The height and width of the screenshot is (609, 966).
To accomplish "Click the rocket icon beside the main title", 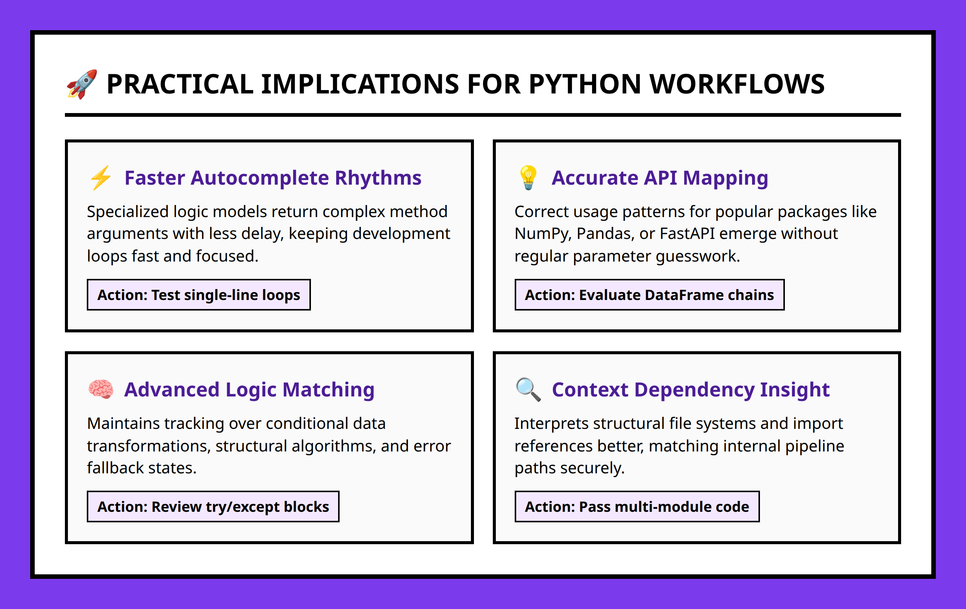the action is tap(82, 84).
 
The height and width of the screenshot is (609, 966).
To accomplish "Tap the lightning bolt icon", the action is tap(101, 177).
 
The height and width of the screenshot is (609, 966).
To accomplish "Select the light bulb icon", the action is tap(528, 177).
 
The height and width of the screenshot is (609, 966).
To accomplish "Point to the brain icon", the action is tap(101, 389).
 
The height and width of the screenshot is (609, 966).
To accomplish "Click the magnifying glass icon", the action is tap(528, 389).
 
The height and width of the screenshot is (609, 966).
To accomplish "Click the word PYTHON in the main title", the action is tap(585, 84).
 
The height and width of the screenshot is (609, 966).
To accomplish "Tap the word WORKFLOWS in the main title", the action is tap(737, 84).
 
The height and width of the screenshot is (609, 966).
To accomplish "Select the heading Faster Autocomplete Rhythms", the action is tap(273, 178).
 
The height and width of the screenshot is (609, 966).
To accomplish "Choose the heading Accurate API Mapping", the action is tap(660, 178).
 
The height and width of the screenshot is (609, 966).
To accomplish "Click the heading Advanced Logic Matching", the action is tap(249, 389).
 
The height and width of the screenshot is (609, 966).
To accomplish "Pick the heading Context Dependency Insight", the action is tap(691, 389).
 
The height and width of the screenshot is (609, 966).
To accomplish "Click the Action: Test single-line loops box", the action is tap(198, 295).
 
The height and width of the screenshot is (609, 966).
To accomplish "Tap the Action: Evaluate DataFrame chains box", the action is tap(649, 295).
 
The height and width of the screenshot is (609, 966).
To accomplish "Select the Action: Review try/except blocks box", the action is tap(213, 506).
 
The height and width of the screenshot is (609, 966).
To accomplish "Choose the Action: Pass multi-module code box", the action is tap(637, 506).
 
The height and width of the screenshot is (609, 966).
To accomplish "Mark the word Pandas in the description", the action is tap(605, 234).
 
